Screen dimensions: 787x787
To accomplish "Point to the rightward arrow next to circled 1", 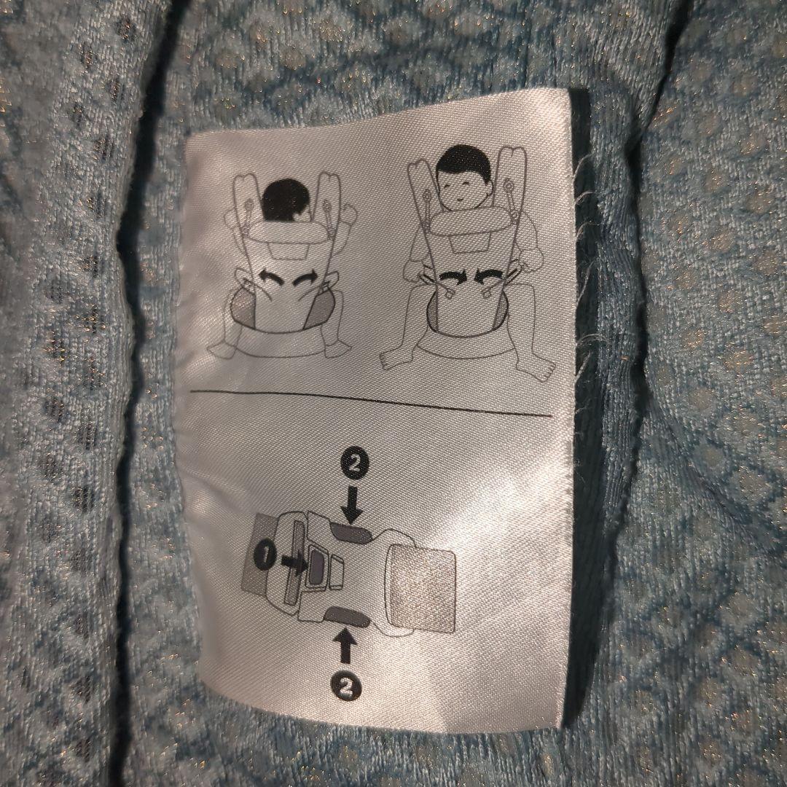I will [294, 561].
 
